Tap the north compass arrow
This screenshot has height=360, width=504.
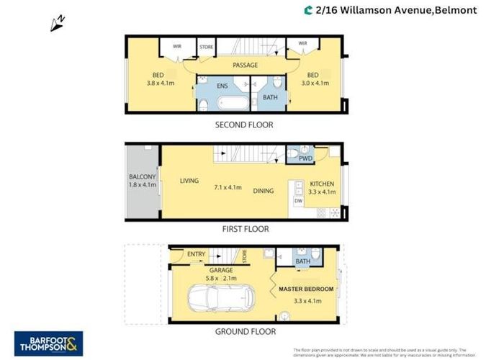[58, 23]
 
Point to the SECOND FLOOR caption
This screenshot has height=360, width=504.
[245, 125]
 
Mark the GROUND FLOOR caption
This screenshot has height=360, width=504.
[246, 332]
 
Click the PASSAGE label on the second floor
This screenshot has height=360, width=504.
[245, 66]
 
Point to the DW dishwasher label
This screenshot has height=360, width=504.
[298, 202]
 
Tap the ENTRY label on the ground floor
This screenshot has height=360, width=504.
[195, 253]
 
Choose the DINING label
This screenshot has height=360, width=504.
[264, 191]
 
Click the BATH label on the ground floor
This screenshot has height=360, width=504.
[302, 261]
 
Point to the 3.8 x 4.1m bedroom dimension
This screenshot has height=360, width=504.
[160, 83]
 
